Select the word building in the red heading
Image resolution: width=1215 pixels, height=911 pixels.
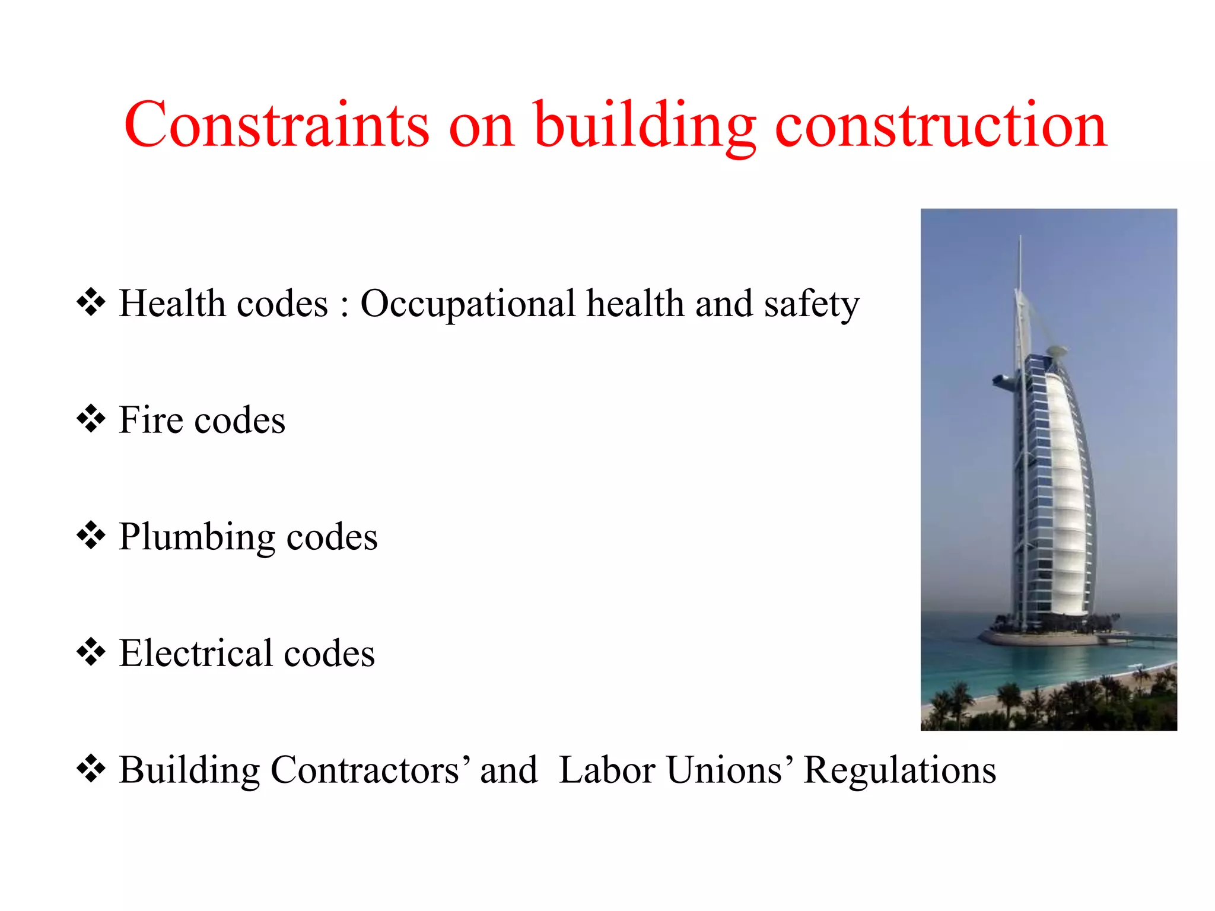pos(645,126)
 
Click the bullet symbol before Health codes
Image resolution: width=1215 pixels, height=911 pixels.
pos(91,302)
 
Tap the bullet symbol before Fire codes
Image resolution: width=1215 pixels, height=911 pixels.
pos(91,419)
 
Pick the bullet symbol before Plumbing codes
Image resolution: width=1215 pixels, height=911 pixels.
pos(91,536)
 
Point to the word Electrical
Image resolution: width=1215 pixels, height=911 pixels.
pos(196,653)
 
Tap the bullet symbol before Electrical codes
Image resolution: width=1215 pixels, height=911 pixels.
pos(91,652)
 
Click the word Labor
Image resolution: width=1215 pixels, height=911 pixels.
pos(607,770)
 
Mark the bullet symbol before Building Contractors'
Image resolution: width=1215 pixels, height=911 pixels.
pos(91,769)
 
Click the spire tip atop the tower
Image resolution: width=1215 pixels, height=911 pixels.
pos(1020,237)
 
